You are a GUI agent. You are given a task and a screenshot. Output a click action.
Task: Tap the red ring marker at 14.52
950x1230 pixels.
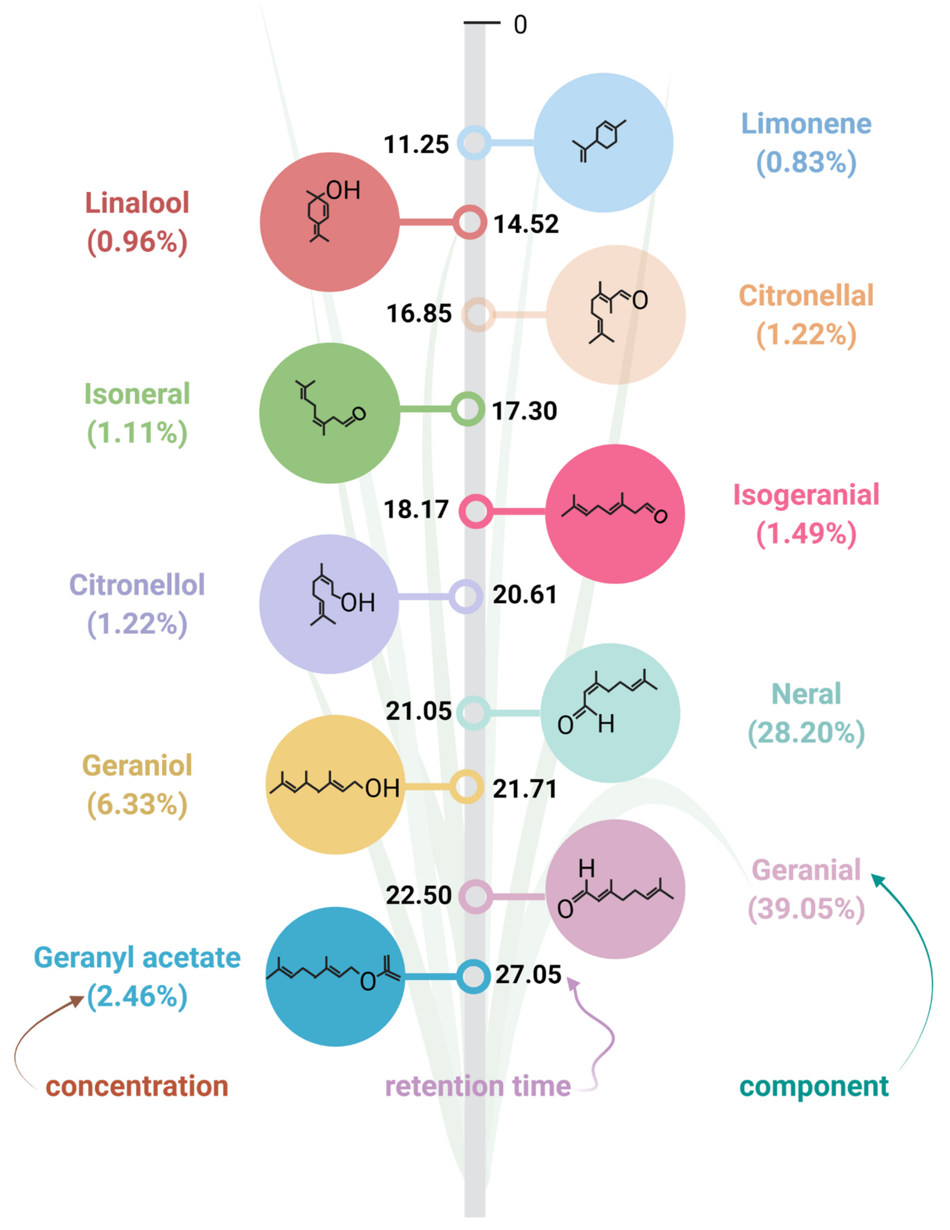tap(470, 223)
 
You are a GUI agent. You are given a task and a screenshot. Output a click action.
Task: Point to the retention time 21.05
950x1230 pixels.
tap(419, 711)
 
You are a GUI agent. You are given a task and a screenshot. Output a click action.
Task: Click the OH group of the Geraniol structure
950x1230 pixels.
tap(382, 788)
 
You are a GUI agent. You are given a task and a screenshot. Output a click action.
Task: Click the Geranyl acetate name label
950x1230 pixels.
tap(137, 957)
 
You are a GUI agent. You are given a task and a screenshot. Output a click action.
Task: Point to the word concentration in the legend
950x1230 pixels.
tap(137, 1086)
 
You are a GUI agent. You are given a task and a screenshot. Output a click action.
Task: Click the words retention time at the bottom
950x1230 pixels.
tap(478, 1086)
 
